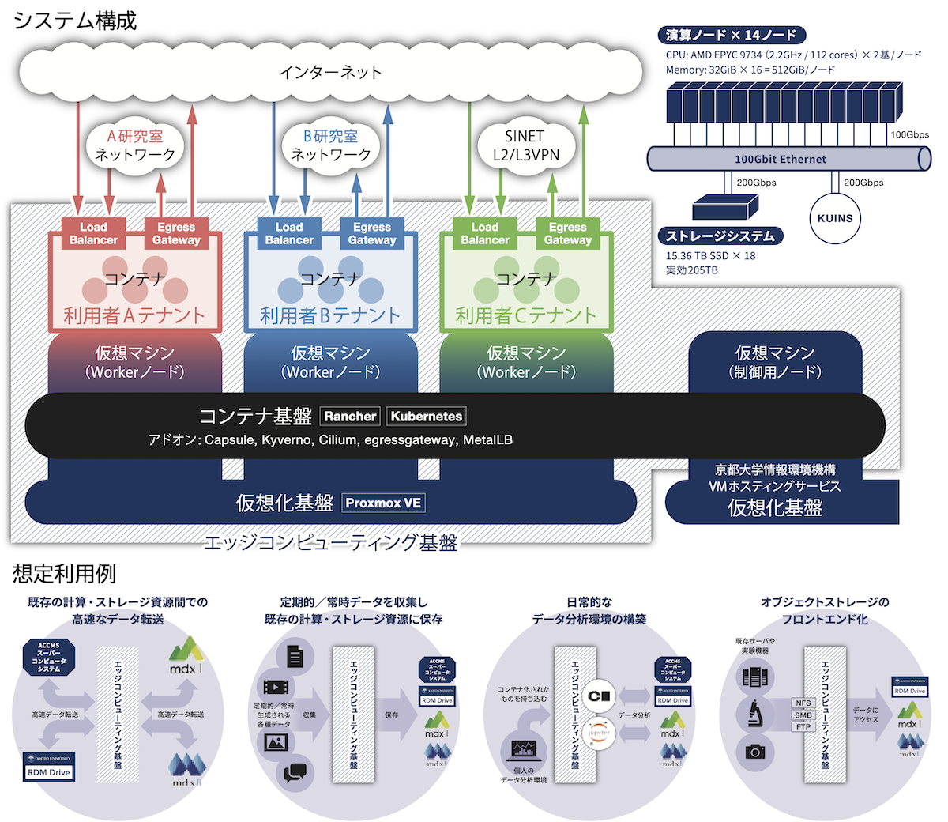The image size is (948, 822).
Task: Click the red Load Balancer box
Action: (x=93, y=233)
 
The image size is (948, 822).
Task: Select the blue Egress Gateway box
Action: (x=372, y=233)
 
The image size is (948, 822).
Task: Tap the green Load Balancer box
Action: (x=485, y=233)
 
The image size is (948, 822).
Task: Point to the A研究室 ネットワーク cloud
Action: (x=134, y=145)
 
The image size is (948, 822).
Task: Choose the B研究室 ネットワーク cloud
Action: (x=330, y=145)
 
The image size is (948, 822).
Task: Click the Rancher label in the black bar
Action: (x=350, y=417)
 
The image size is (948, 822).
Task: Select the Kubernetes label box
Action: (x=427, y=417)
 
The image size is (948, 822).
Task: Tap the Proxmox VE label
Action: (x=383, y=503)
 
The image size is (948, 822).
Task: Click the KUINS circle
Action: (x=835, y=219)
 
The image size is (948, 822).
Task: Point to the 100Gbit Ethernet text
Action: (x=780, y=159)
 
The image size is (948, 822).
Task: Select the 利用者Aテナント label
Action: (x=134, y=315)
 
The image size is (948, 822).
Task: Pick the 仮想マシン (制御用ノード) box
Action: (x=774, y=361)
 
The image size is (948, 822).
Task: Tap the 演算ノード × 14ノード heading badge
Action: (x=731, y=35)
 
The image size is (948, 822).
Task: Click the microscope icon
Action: (x=754, y=714)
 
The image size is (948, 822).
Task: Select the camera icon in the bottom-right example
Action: (x=754, y=752)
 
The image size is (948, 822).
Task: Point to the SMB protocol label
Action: (x=803, y=715)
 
